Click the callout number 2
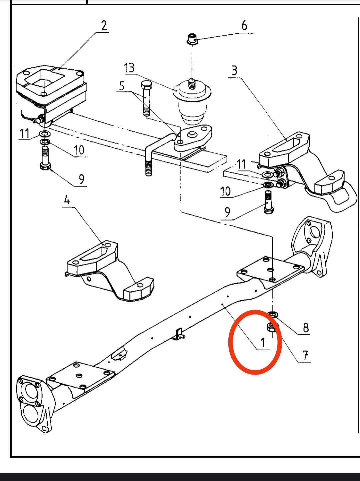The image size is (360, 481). (x=104, y=26)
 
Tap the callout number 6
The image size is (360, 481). (x=244, y=25)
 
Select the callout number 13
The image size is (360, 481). (x=129, y=68)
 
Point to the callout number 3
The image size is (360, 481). (x=235, y=71)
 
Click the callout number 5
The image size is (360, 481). (x=122, y=86)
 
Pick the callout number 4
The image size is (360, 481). (x=67, y=200)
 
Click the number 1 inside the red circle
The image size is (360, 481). (x=263, y=342)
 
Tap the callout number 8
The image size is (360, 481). (x=306, y=328)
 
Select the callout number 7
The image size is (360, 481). (x=305, y=355)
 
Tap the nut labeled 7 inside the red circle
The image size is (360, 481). (x=271, y=328)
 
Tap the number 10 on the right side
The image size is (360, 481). (x=225, y=191)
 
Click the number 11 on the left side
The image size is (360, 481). (x=24, y=134)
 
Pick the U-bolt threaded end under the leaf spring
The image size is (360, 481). (x=149, y=168)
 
